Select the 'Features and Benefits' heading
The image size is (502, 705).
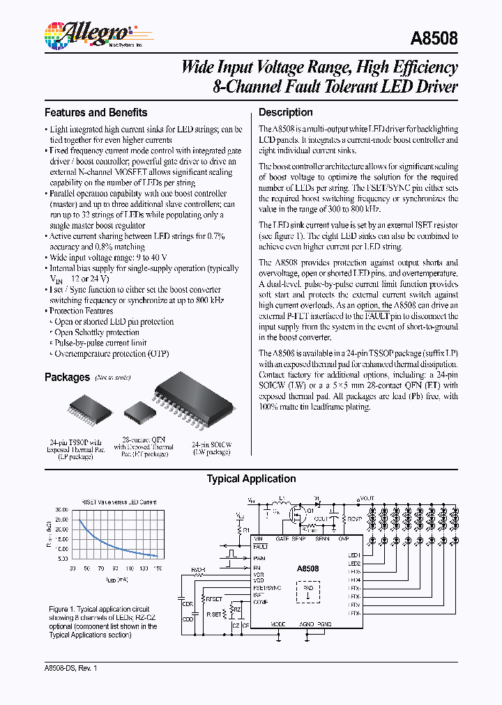click(x=96, y=112)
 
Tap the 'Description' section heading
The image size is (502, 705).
click(x=285, y=112)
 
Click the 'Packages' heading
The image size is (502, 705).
click(x=67, y=377)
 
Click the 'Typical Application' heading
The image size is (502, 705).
click(x=251, y=479)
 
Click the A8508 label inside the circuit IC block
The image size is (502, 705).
click(x=307, y=568)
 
